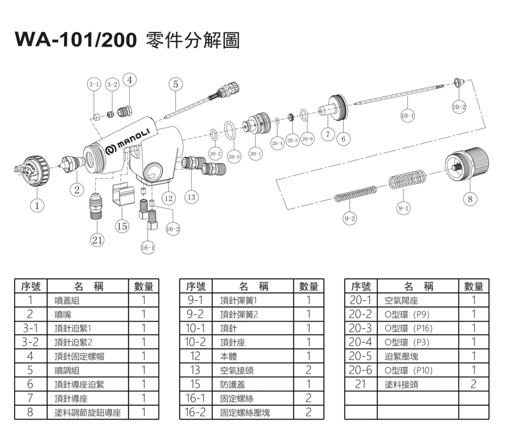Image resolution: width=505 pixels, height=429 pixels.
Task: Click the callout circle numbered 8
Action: (x=470, y=199)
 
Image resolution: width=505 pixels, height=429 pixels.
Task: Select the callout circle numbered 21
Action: (x=97, y=240)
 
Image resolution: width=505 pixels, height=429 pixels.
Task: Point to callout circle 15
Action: (x=122, y=226)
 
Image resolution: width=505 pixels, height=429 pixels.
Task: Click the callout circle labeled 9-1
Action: (x=403, y=207)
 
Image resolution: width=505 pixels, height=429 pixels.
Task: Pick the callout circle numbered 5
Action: (x=175, y=84)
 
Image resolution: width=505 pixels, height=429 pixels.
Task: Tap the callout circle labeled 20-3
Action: (x=233, y=156)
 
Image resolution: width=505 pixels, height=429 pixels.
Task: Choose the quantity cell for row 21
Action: (x=474, y=384)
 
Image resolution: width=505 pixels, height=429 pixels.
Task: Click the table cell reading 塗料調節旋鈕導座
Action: (x=88, y=412)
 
